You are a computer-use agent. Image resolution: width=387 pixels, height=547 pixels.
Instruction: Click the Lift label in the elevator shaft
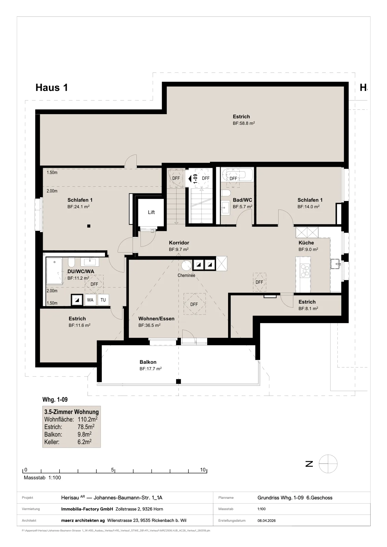[x=151, y=212]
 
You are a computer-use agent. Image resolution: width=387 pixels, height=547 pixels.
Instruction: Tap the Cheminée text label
[x=186, y=275]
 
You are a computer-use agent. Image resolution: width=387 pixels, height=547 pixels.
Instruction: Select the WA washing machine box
[x=90, y=300]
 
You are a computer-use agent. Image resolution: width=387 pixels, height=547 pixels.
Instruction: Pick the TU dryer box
[x=103, y=300]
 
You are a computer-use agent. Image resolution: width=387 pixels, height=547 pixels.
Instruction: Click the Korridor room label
[x=179, y=243]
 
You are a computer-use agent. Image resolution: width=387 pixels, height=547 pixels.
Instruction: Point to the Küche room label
[x=306, y=243]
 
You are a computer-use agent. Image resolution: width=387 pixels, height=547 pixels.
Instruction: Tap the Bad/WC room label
[x=242, y=200]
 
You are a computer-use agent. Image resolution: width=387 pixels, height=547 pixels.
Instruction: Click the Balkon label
[x=148, y=362]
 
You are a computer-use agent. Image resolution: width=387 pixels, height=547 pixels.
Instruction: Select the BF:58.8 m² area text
[x=244, y=123]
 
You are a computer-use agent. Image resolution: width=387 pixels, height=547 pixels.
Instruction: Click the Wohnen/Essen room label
[x=156, y=319]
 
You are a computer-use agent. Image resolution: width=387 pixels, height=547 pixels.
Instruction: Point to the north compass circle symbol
[x=328, y=464]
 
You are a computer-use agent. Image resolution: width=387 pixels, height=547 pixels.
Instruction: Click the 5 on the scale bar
[x=112, y=470]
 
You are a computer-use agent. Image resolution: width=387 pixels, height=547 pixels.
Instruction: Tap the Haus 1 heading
[x=52, y=88]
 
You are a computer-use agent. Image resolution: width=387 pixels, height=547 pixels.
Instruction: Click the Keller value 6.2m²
[x=84, y=442]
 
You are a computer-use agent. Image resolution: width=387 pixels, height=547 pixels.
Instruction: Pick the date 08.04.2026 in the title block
[x=266, y=520]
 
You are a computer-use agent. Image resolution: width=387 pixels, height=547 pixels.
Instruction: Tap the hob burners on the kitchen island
[x=305, y=270]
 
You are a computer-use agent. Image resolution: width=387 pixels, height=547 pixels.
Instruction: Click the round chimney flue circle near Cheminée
[x=186, y=265]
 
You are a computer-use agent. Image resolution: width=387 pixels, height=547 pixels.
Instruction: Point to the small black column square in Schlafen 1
[x=89, y=226]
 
